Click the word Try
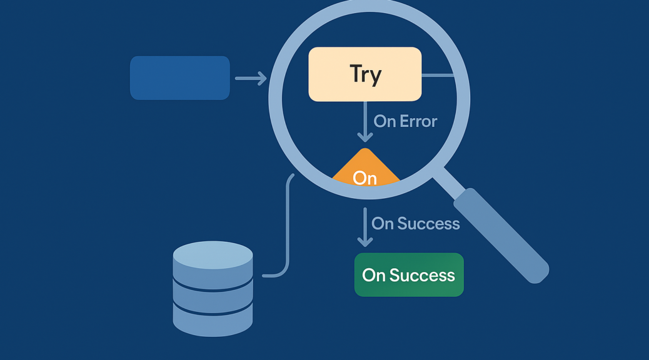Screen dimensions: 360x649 point(366,74)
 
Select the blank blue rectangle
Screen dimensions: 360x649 point(180,77)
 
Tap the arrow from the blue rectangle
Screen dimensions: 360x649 point(250,78)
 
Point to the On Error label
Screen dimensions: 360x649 point(405,121)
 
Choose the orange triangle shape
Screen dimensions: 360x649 point(366,165)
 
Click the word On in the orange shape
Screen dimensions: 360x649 point(365,178)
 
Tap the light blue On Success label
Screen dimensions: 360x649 point(415,223)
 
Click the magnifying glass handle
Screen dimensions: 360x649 point(500,234)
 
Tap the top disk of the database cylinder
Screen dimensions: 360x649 point(213,255)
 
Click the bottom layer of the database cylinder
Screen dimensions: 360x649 point(213,319)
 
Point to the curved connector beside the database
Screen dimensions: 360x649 point(287,225)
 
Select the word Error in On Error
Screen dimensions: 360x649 point(418,121)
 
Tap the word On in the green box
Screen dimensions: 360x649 point(374,275)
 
